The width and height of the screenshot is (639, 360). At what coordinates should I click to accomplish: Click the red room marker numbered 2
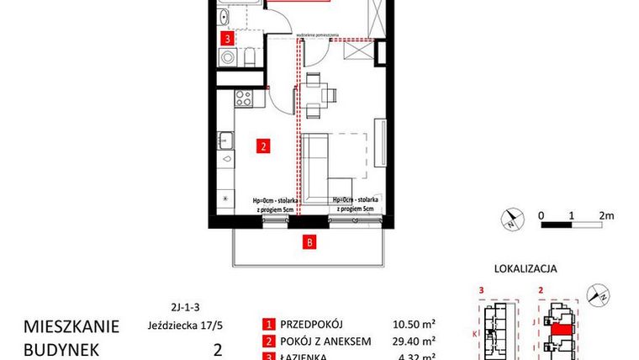pos(263,146)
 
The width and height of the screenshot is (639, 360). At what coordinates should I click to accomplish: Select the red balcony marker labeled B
pos(309,244)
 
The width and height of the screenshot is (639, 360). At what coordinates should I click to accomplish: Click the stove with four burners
pos(244,98)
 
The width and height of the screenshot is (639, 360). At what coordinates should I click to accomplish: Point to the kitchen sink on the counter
pos(226,140)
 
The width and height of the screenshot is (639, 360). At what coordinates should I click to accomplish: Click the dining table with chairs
pos(314,95)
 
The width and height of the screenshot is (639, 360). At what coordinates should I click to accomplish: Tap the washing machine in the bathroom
pos(226,57)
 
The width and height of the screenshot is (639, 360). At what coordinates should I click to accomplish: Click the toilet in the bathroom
pos(251,57)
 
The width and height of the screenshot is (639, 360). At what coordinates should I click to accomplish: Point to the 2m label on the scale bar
pos(607,214)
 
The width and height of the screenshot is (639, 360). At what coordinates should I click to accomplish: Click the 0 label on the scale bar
pos(543,214)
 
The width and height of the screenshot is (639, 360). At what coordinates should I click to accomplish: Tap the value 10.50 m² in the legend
pos(417,324)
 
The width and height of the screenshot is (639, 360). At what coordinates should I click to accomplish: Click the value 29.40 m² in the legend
pos(417,341)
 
